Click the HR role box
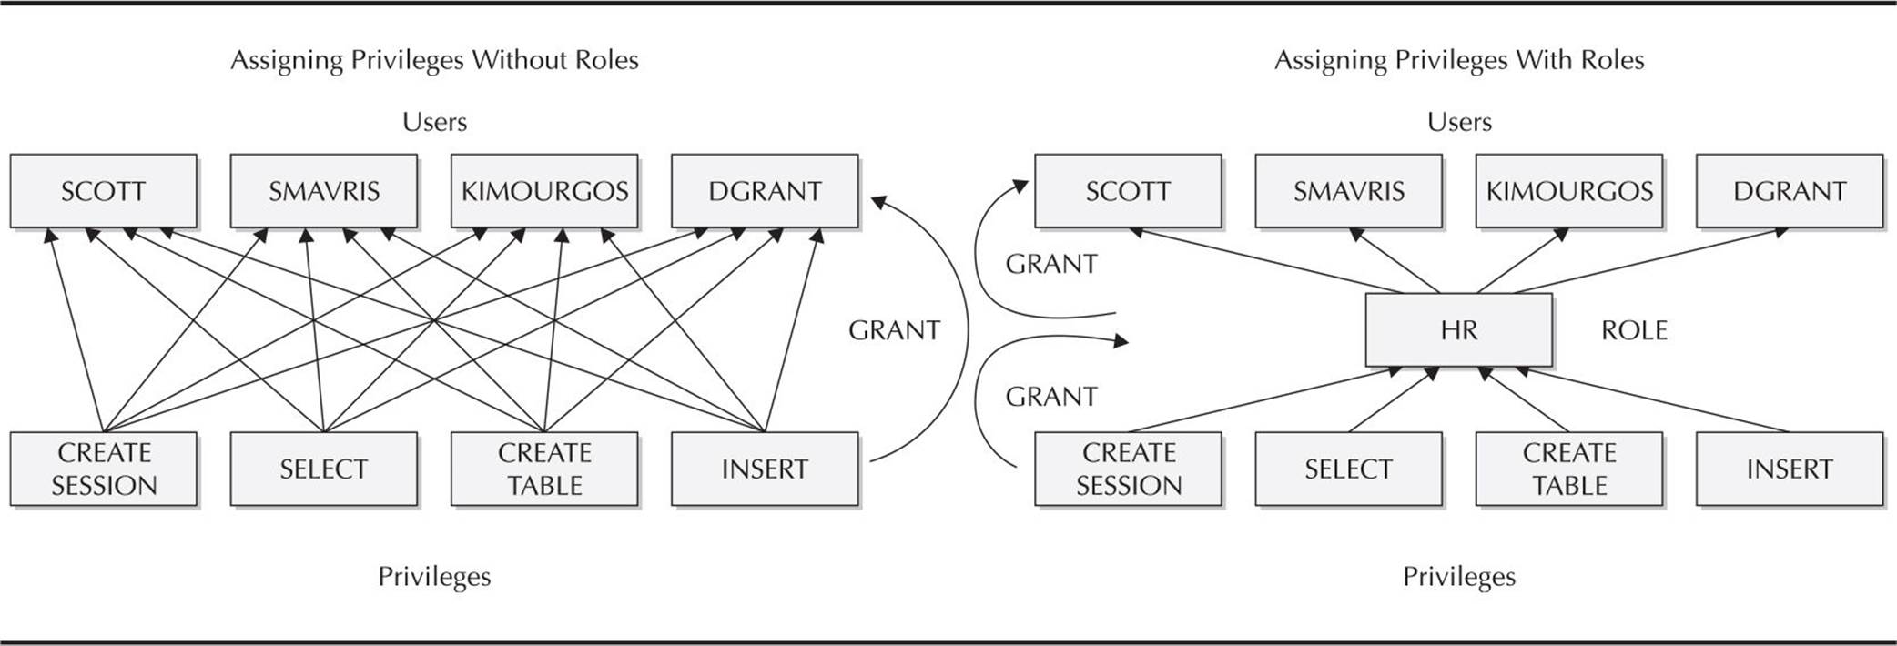(1459, 329)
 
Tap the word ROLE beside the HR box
(1634, 330)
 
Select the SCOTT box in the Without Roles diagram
(104, 191)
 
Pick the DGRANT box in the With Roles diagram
(1790, 191)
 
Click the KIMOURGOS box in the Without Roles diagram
(544, 191)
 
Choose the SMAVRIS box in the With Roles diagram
(1349, 191)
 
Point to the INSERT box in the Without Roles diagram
(765, 469)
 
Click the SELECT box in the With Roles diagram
(1349, 469)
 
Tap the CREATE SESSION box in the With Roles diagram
(1129, 469)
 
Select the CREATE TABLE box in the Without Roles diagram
(544, 469)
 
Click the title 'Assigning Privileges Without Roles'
(434, 60)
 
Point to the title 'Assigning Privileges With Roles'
(1459, 60)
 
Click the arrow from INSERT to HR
(1652, 399)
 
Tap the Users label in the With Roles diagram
(1459, 122)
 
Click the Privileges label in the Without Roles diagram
(434, 577)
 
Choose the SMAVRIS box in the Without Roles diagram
(324, 191)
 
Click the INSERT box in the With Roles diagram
(1790, 469)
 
